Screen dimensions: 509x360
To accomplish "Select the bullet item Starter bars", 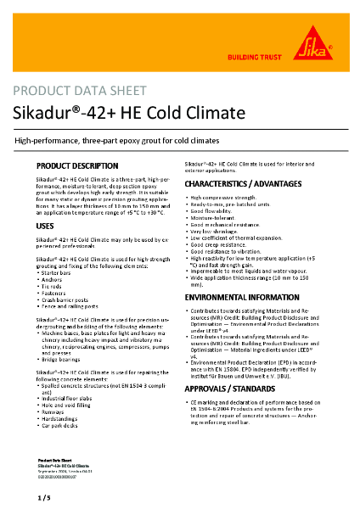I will click(59, 276).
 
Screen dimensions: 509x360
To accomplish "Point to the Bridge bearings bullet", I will click(65, 360).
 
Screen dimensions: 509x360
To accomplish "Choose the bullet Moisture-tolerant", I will click(214, 216).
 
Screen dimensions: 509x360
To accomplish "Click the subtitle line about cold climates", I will click(117, 140).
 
